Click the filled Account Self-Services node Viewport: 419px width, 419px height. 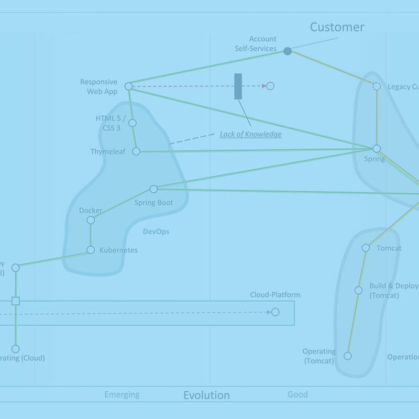(287, 51)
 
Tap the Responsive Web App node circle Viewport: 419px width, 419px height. (128, 86)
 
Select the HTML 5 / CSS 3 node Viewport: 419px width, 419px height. (133, 123)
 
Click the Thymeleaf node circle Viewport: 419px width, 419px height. (136, 151)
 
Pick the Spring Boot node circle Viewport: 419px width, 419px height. (153, 189)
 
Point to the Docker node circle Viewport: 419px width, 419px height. (91, 220)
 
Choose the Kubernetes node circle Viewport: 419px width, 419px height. (91, 250)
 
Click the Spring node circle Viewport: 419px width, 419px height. (377, 149)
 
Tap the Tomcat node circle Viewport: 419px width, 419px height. (366, 248)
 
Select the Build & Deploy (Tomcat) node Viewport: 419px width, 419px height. (358, 290)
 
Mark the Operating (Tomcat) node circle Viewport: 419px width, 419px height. (347, 356)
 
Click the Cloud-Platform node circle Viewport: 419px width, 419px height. (275, 312)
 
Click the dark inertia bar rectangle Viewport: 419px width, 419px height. (238, 86)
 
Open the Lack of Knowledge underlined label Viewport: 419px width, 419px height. (250, 135)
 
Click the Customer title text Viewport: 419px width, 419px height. (337, 27)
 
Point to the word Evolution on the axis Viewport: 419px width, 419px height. (206, 395)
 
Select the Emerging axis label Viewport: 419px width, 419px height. (122, 394)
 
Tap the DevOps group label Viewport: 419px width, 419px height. (156, 231)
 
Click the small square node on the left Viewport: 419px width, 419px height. (16, 301)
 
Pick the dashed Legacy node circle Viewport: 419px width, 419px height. (377, 86)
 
